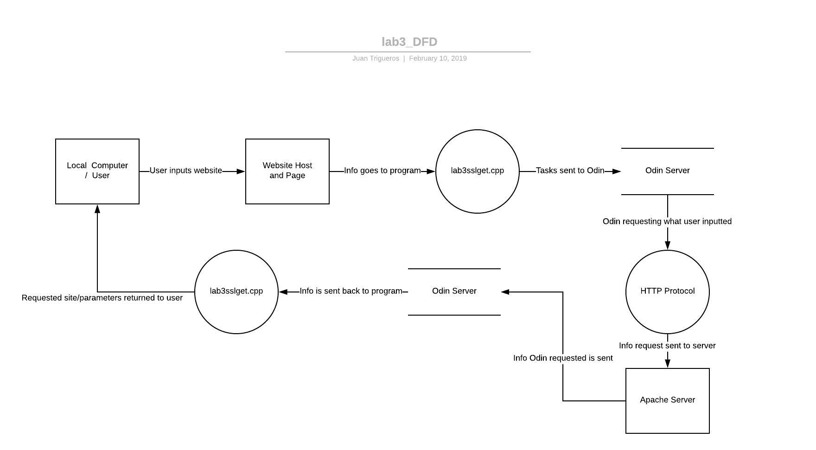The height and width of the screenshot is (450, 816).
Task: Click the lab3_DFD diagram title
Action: click(x=409, y=42)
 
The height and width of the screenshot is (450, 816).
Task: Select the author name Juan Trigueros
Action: click(x=376, y=58)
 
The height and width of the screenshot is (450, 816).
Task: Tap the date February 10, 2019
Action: click(x=438, y=58)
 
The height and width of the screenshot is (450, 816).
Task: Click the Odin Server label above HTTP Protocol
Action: click(x=668, y=171)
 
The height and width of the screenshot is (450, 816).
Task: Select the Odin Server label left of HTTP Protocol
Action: click(x=454, y=291)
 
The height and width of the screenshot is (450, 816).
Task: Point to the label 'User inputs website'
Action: click(x=185, y=171)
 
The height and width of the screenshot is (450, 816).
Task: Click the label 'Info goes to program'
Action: click(x=382, y=171)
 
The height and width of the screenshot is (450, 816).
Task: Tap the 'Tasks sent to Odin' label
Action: click(x=570, y=171)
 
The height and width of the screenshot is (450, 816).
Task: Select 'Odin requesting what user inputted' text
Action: click(x=667, y=222)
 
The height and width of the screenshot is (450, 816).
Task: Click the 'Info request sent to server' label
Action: click(x=667, y=346)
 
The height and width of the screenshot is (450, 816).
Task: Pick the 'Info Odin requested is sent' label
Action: click(x=563, y=358)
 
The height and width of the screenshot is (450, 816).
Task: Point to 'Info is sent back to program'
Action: click(x=351, y=291)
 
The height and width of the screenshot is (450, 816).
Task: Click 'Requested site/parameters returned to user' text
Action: click(x=102, y=298)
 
